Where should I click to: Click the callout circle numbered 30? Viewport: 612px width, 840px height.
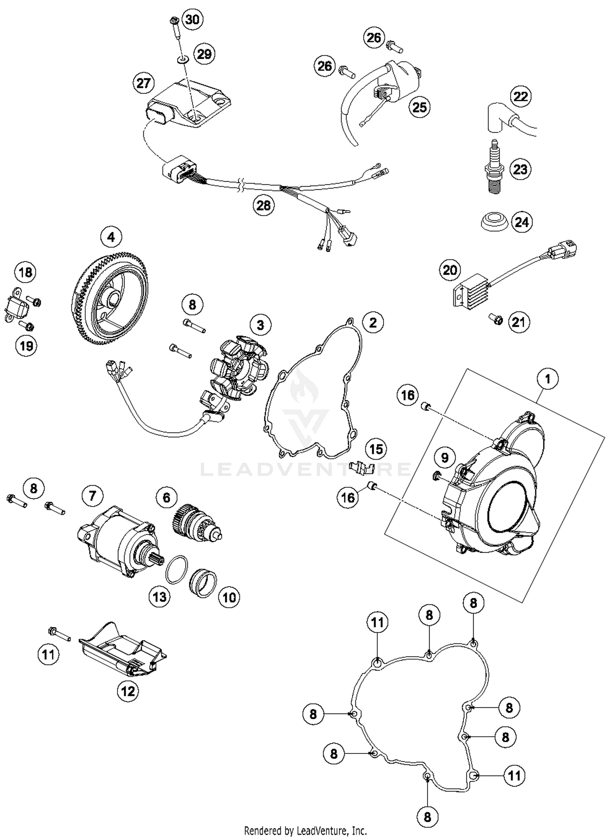pos(192,19)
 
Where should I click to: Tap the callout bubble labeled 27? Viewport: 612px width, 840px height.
pos(143,83)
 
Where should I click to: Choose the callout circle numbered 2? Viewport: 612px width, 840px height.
pos(373,322)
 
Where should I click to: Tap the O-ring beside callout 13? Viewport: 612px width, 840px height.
pos(177,569)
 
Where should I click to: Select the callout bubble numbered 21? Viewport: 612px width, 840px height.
pos(519,322)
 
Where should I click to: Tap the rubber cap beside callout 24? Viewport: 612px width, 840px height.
pos(493,221)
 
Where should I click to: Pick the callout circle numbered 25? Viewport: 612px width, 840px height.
pos(419,107)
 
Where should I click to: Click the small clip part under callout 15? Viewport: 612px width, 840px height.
pos(362,468)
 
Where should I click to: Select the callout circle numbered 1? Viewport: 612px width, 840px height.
pos(548,379)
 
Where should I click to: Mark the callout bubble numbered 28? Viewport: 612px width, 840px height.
pos(263,205)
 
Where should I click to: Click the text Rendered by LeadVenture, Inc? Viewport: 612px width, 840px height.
pos(305,830)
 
